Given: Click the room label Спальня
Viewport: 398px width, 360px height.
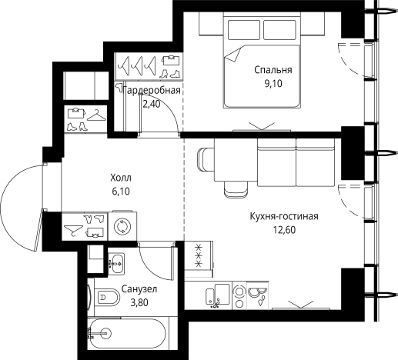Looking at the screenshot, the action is pyautogui.click(x=273, y=70).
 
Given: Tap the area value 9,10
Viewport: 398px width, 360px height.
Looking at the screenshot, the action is pyautogui.click(x=273, y=84).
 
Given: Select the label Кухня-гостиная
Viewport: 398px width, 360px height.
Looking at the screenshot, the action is pyautogui.click(x=284, y=216).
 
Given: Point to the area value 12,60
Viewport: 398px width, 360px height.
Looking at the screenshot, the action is pyautogui.click(x=284, y=230).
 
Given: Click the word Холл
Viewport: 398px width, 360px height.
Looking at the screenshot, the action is pyautogui.click(x=121, y=178).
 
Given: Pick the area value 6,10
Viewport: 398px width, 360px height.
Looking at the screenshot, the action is pyautogui.click(x=121, y=192).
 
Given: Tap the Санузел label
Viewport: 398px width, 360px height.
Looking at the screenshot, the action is pyautogui.click(x=139, y=289).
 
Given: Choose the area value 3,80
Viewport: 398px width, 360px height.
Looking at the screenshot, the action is pyautogui.click(x=139, y=303).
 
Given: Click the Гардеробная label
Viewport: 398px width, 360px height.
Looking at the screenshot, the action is pyautogui.click(x=152, y=91).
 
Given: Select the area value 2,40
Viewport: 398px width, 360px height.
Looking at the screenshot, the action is pyautogui.click(x=152, y=104).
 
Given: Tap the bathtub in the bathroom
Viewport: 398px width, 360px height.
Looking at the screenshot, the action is pyautogui.click(x=127, y=333).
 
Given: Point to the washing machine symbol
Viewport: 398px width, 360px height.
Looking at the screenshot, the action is pyautogui.click(x=122, y=226).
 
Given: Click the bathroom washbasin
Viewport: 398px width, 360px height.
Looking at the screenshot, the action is pyautogui.click(x=116, y=263).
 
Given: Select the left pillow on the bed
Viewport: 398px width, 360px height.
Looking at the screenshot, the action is pyautogui.click(x=244, y=30).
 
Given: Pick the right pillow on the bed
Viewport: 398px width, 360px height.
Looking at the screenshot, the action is pyautogui.click(x=279, y=30).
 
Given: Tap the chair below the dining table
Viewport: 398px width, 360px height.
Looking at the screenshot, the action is pyautogui.click(x=236, y=190).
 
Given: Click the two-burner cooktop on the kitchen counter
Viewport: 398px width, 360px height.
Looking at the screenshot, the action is pyautogui.click(x=239, y=295).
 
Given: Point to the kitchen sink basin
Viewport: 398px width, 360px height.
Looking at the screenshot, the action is pyautogui.click(x=222, y=294).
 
